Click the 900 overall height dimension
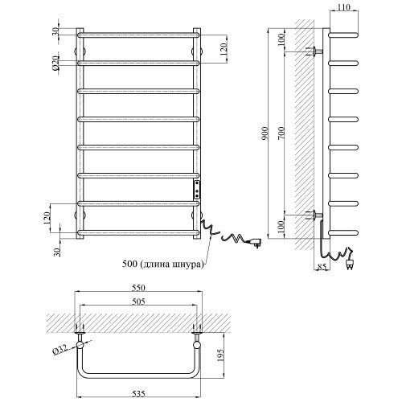click(x=265, y=133)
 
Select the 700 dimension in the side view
click(x=281, y=133)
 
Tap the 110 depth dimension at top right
click(x=343, y=7)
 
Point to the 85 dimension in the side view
click(x=322, y=267)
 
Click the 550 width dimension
click(x=138, y=288)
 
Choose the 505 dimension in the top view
click(x=138, y=301)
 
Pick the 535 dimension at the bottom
click(x=138, y=393)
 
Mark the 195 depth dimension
click(x=220, y=355)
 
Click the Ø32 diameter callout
click(x=59, y=350)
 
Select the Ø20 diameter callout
click(x=55, y=63)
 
